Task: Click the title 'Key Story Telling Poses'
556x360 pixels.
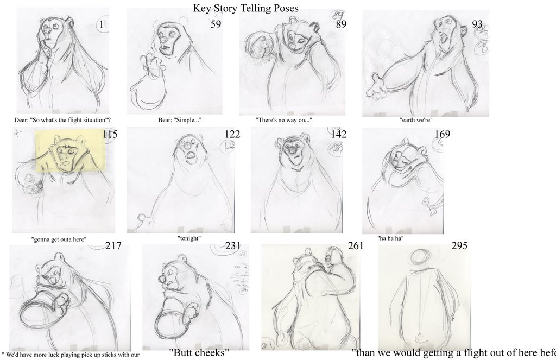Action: pyautogui.click(x=245, y=9)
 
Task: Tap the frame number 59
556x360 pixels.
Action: pyautogui.click(x=216, y=24)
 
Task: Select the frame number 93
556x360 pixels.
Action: pyautogui.click(x=477, y=24)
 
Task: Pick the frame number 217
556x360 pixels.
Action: pyautogui.click(x=113, y=246)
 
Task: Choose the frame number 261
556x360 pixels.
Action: pyautogui.click(x=356, y=246)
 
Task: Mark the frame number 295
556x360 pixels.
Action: pyautogui.click(x=459, y=246)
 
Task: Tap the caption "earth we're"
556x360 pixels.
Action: pyautogui.click(x=416, y=120)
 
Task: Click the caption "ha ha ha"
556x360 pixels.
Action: pyautogui.click(x=390, y=238)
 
